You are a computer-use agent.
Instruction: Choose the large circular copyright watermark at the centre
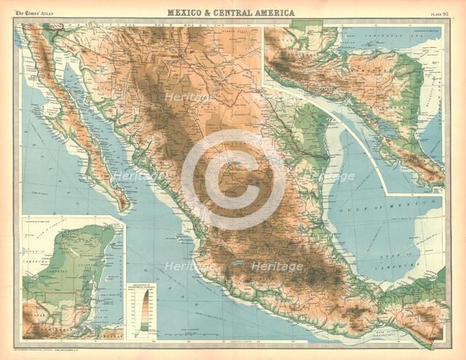click(233, 179)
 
